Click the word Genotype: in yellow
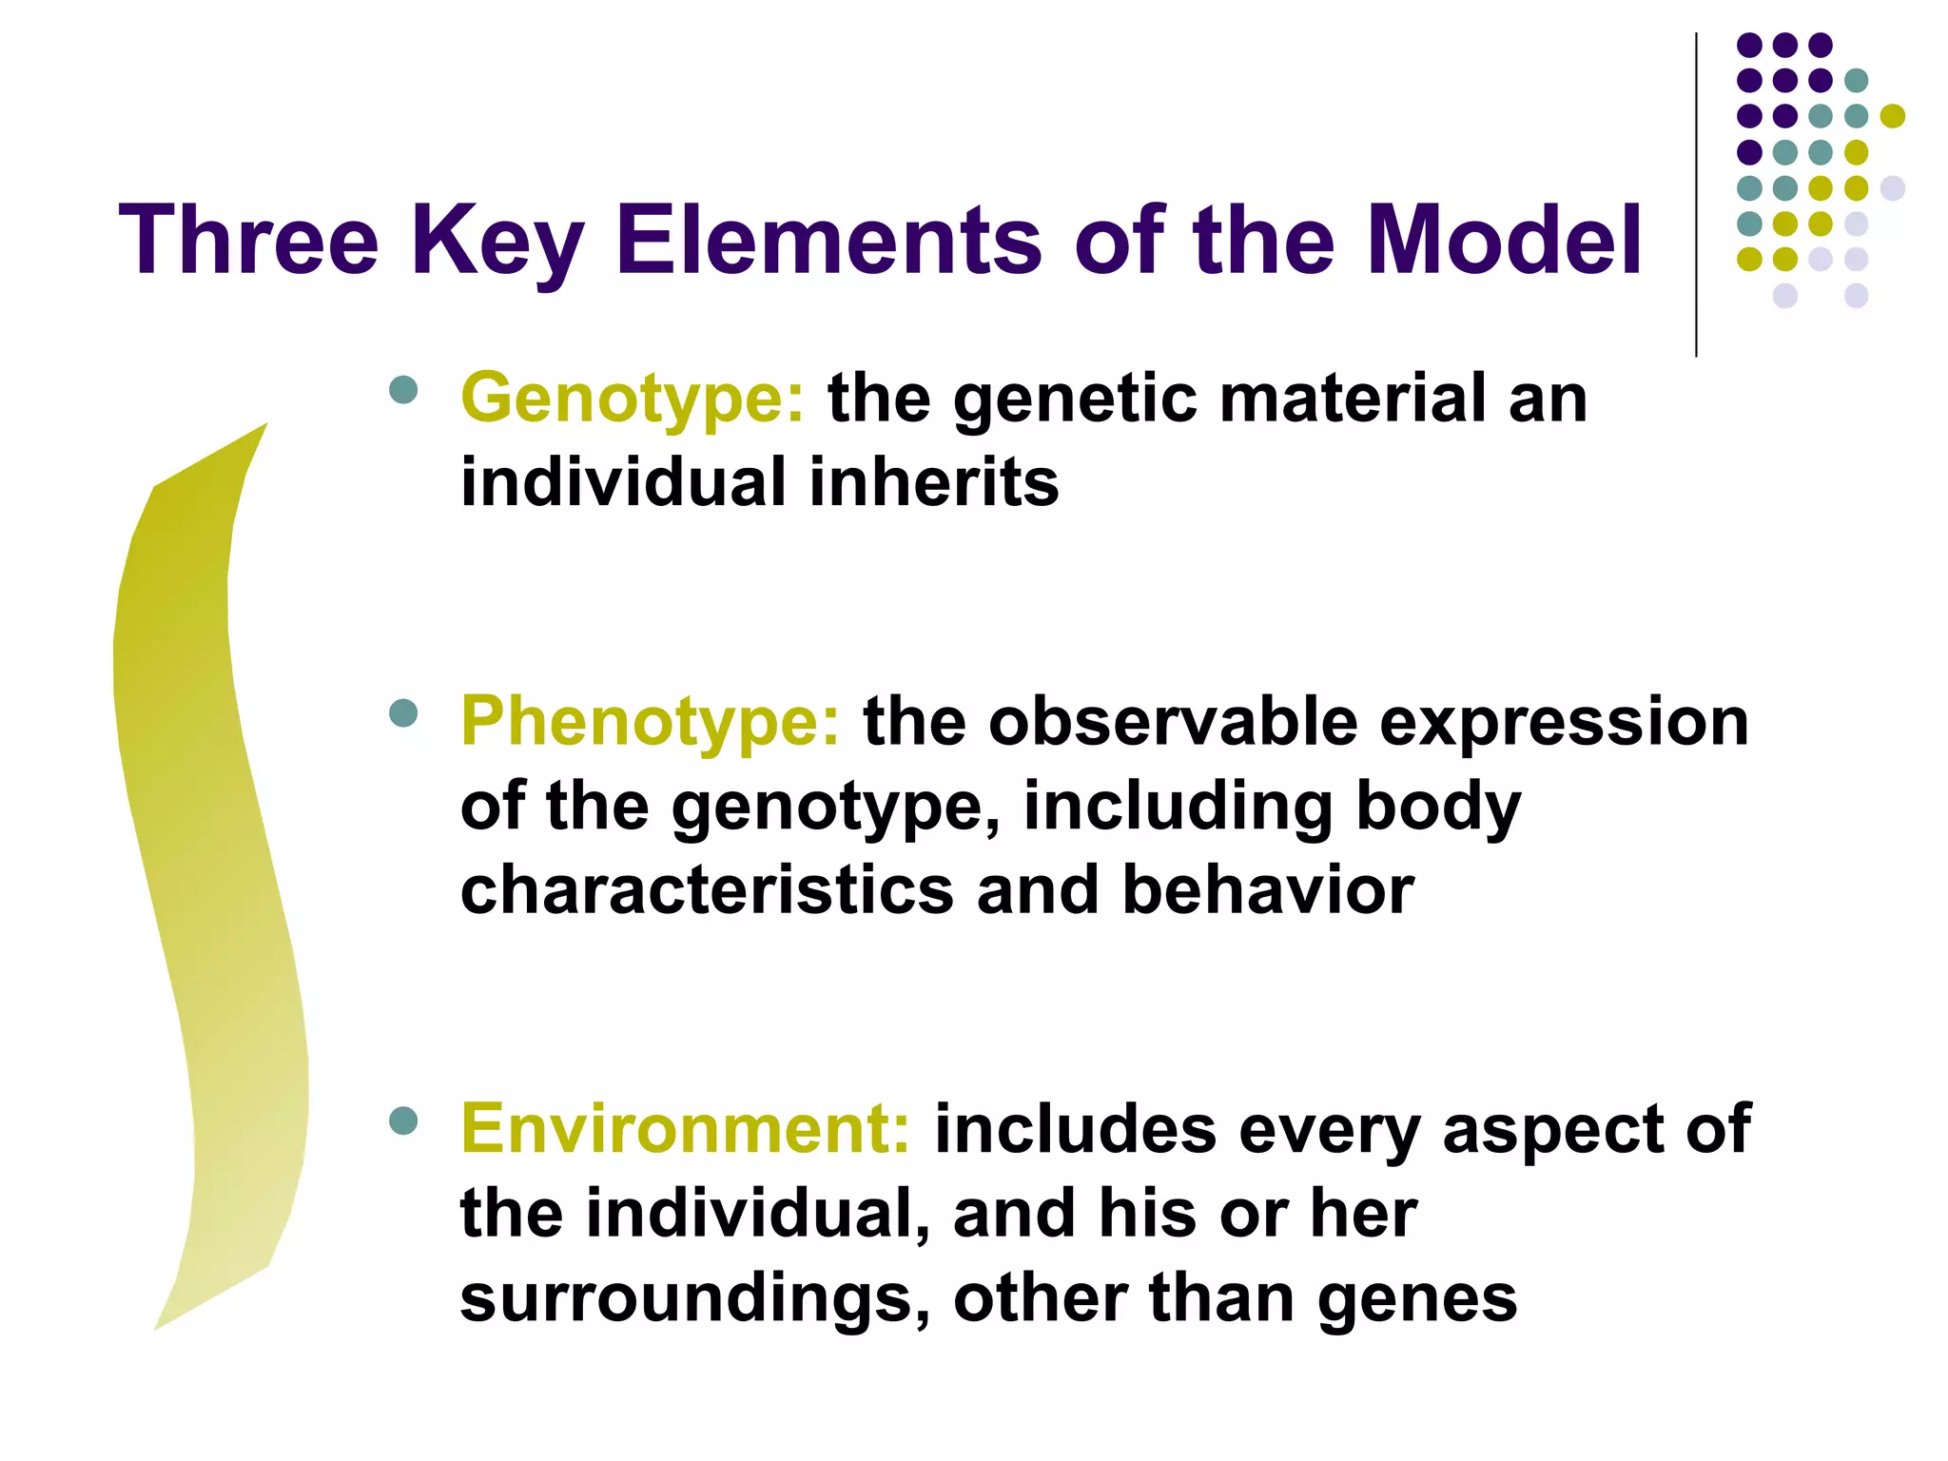point(633,399)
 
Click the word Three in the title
point(249,241)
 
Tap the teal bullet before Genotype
point(404,390)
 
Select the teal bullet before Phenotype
point(404,713)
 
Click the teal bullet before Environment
point(404,1120)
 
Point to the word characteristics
point(707,891)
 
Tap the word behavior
point(1268,891)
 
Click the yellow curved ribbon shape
point(205,856)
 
